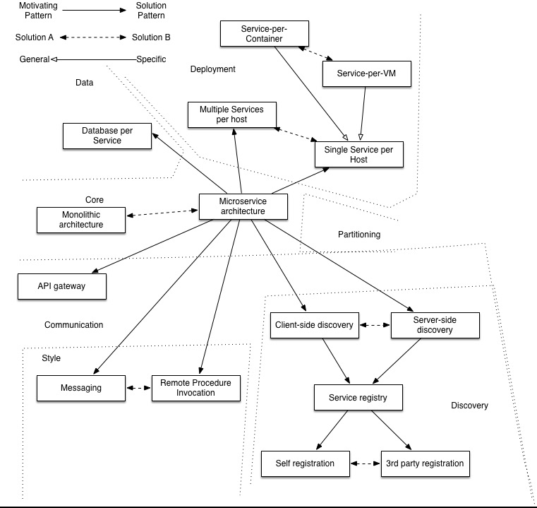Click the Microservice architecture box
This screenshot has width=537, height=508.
pos(243,206)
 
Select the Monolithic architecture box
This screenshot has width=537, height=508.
pos(80,220)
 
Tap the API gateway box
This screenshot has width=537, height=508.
pos(62,286)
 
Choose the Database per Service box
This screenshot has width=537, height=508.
pos(107,136)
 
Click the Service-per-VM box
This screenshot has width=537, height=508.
pos(366,73)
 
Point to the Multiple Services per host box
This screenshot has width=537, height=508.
pos(231,115)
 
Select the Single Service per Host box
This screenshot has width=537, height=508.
pos(360,155)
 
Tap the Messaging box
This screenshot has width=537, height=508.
pos(80,388)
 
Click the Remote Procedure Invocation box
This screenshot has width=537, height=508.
pos(195,388)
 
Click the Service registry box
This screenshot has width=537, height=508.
pos(359,398)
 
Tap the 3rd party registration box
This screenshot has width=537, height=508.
pos(424,463)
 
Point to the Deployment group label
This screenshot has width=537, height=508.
pos(212,69)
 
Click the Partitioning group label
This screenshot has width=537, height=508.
pos(358,234)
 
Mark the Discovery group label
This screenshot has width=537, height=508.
pos(469,406)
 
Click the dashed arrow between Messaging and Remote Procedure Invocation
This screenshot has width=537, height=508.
pos(139,388)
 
